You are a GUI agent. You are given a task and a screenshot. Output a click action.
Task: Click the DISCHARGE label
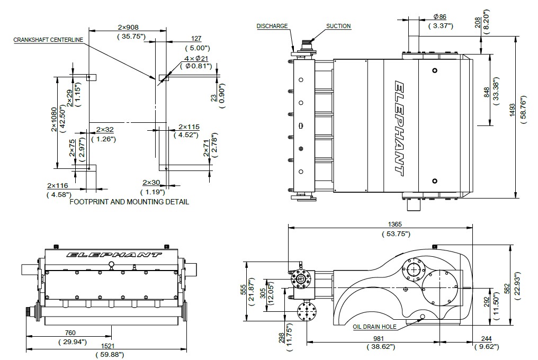pos(272,26)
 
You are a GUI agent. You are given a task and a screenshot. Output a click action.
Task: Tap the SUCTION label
pos(338,26)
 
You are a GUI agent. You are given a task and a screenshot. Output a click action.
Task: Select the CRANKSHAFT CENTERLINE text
pos(48,40)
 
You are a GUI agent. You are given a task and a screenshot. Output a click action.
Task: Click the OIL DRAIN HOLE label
pos(374,327)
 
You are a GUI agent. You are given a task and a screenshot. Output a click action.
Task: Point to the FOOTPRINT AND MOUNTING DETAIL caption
pos(129,202)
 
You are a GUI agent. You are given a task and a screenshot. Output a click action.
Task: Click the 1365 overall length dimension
pos(394,224)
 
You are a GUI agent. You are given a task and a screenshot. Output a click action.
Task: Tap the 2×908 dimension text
pos(128,27)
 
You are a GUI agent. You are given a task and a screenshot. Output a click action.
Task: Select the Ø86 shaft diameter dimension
pos(440,16)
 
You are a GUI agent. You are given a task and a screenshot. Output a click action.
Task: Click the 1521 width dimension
pos(108,346)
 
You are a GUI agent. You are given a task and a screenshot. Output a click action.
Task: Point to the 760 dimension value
pos(70,332)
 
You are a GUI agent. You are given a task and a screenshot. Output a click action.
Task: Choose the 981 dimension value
pos(379,339)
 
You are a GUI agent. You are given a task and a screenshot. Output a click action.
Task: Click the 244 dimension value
pos(486,339)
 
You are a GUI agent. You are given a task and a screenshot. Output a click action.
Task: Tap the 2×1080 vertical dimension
pos(54,120)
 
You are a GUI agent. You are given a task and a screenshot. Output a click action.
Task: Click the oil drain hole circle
pos(423,316)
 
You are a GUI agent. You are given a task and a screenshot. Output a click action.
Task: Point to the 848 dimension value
pos(487,92)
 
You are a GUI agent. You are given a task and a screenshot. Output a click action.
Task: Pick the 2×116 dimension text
pos(58,186)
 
